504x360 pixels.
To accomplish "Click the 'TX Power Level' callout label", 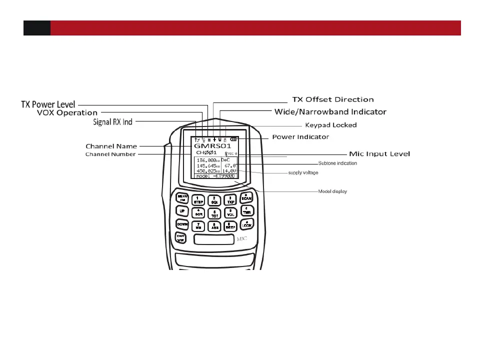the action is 48,104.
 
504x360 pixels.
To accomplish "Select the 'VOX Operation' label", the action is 67,113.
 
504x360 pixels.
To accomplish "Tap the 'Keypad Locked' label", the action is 330,125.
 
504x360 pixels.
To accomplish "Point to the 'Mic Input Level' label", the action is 378,153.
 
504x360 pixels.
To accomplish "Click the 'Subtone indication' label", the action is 337,163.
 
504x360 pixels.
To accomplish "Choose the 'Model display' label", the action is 333,191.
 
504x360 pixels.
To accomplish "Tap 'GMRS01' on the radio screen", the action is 212,145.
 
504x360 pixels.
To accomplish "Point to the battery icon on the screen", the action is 234,138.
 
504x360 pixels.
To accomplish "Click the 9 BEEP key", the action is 230,226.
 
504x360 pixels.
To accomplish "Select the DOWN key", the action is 182,224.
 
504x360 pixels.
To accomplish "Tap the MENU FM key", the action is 182,198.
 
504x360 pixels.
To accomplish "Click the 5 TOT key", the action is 214,213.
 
